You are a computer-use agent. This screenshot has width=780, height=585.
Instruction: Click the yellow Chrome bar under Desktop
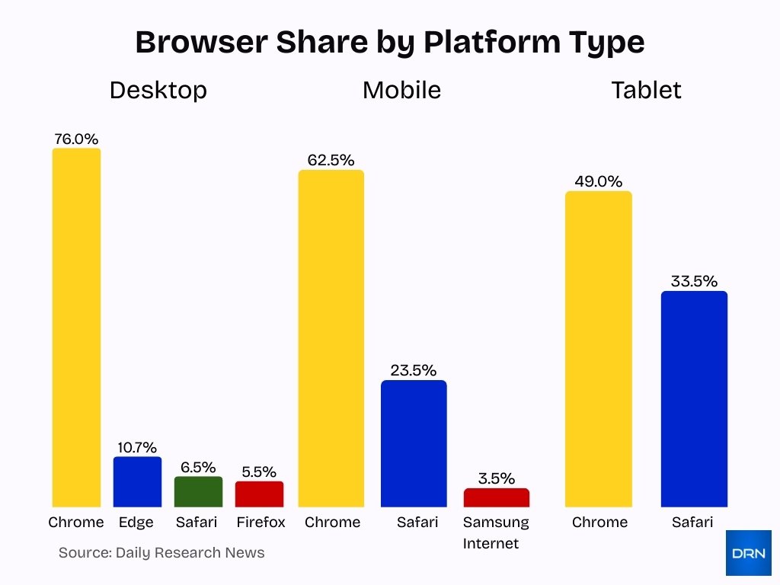point(76,328)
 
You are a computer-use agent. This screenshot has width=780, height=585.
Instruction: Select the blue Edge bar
point(137,482)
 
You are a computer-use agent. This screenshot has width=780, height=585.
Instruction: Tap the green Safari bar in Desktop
point(198,492)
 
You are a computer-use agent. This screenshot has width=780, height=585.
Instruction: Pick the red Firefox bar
point(259,494)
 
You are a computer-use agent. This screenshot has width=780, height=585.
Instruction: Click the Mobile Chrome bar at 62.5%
point(331,338)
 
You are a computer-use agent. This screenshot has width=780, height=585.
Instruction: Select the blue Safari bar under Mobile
point(414,443)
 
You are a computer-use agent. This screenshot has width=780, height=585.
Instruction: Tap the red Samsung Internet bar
point(496,498)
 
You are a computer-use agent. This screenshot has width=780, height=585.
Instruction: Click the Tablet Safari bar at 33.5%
point(694,399)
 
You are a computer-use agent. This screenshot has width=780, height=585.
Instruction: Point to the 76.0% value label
point(76,139)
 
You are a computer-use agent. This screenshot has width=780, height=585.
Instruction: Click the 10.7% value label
point(137,448)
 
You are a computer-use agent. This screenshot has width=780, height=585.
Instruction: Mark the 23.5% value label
point(414,371)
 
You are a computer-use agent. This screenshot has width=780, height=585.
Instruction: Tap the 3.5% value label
point(496,479)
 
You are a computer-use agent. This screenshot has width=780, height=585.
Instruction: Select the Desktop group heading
point(158,90)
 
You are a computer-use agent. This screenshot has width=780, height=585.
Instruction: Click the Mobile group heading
point(401,90)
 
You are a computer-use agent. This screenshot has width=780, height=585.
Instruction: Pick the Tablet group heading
point(646,90)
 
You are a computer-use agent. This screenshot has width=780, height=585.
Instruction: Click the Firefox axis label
point(261,523)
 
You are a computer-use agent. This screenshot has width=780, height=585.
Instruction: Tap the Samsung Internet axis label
point(496,532)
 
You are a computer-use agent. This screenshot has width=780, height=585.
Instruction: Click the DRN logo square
point(748,553)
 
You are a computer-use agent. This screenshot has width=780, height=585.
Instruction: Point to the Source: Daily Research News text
point(161,553)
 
